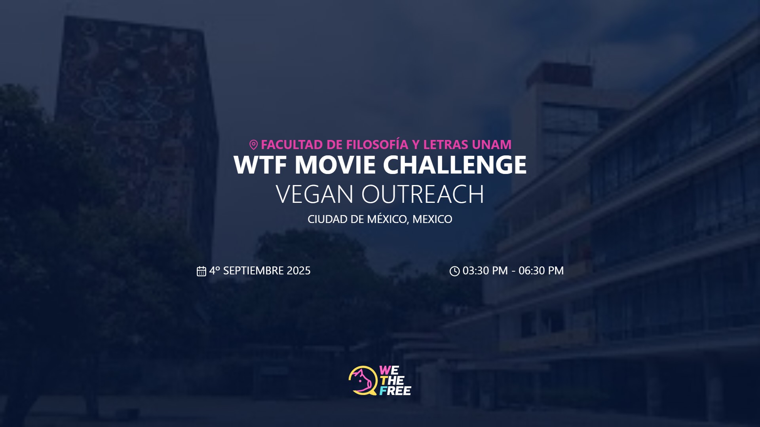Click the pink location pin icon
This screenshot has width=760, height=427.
253,145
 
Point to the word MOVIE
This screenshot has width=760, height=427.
335,164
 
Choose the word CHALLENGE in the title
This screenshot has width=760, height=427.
455,164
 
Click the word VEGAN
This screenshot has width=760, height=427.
315,194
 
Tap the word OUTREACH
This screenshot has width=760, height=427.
423,194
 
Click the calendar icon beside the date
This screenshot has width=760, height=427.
201,271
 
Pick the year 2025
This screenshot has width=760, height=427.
299,271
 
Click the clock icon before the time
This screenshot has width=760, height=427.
454,271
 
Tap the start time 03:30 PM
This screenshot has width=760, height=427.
485,271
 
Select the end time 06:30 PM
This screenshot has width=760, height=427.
541,271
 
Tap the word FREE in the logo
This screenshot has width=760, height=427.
395,391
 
